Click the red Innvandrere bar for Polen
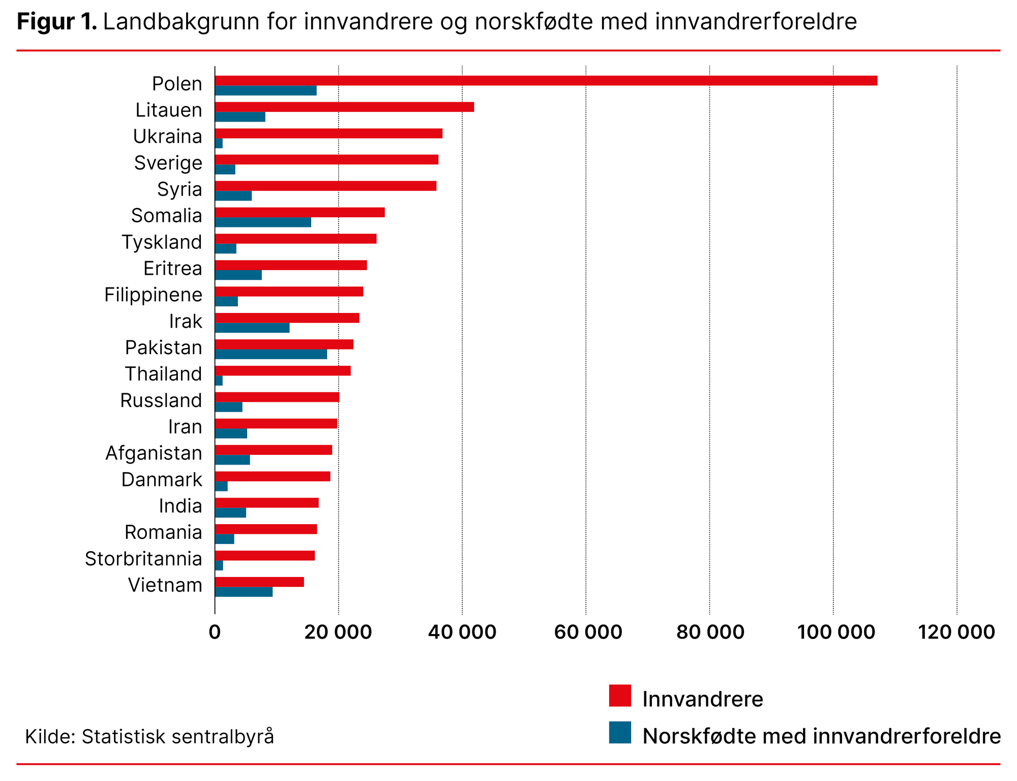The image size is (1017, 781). tap(546, 80)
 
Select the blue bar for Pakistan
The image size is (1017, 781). tap(271, 354)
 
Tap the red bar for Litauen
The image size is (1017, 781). tap(344, 107)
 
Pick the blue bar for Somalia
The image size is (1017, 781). tap(263, 222)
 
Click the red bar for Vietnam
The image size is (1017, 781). tap(259, 582)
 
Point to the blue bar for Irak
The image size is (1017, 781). tap(252, 328)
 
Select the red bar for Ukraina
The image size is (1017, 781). tap(328, 133)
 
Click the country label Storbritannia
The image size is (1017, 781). tap(143, 559)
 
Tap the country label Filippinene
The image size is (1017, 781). tap(153, 295)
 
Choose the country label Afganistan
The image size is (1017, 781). tap(154, 453)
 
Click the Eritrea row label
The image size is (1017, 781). tap(172, 268)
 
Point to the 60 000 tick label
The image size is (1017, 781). tap(587, 632)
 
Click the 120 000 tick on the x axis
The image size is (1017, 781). tap(956, 632)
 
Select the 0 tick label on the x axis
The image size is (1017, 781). tap(215, 632)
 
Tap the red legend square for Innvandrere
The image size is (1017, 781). tap(620, 696)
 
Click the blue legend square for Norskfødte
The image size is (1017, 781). tap(620, 732)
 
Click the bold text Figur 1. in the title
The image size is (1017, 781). tap(56, 22)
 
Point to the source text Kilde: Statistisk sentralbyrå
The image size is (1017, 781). tap(149, 736)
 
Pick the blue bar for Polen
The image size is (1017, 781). tap(265, 91)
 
